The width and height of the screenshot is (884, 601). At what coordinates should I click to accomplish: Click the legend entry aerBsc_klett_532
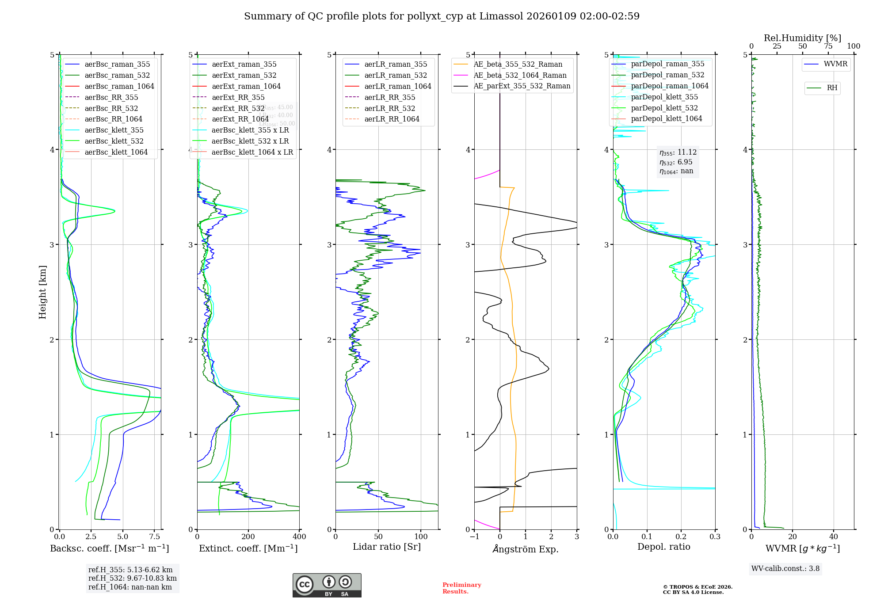click(x=114, y=141)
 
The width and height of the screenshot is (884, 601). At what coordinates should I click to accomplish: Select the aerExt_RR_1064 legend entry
click(x=240, y=119)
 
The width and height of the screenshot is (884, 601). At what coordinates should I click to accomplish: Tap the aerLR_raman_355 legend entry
click(x=396, y=64)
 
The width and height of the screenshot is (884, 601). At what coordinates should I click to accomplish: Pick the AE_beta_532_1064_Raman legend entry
click(x=520, y=75)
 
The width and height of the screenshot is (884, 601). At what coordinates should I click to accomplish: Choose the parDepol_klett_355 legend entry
click(x=664, y=97)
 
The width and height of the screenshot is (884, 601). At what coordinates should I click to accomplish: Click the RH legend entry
click(x=832, y=88)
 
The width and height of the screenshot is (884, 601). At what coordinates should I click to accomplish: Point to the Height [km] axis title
click(x=42, y=292)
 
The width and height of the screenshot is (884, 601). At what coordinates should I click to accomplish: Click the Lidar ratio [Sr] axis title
click(x=386, y=547)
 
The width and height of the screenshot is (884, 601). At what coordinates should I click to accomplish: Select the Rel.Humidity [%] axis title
click(x=802, y=38)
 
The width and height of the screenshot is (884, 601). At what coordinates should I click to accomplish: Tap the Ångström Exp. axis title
click(x=526, y=549)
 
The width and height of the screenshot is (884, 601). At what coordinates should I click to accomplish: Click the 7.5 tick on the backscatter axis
click(x=154, y=537)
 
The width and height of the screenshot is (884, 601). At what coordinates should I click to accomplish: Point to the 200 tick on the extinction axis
click(x=248, y=537)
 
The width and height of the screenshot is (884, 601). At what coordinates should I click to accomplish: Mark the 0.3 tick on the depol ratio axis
click(x=715, y=537)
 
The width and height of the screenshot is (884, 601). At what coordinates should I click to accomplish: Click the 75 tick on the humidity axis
click(x=828, y=46)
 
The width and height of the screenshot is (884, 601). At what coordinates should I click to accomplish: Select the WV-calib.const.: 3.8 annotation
click(x=785, y=569)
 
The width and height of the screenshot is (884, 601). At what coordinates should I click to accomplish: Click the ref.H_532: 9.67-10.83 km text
click(x=132, y=578)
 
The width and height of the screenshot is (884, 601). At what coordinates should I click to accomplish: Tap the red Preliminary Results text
click(x=461, y=588)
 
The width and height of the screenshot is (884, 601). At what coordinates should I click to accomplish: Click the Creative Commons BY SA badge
click(x=327, y=585)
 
